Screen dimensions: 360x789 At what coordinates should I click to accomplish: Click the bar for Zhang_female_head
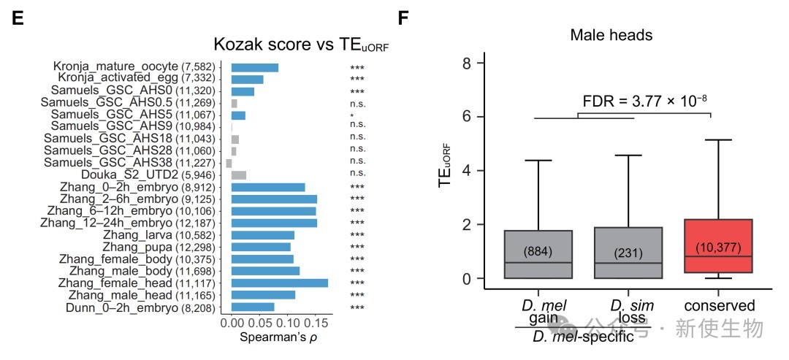279,283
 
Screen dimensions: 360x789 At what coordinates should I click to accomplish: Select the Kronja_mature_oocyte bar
254,67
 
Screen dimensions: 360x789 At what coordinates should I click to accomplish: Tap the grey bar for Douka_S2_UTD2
239,175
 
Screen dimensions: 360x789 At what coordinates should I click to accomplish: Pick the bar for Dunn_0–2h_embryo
253,307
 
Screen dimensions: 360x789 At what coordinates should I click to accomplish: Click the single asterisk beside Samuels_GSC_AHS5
352,115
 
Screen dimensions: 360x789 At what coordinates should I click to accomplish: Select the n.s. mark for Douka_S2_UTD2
357,175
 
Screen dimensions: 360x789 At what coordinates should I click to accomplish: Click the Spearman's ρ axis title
278,338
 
